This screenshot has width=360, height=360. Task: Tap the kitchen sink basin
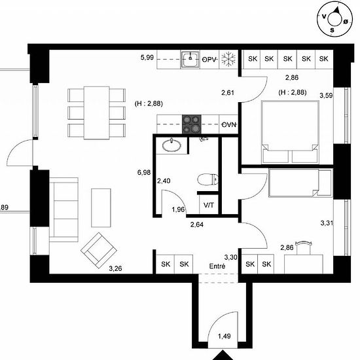(x=190, y=59)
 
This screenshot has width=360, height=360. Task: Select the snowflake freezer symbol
(x=228, y=58)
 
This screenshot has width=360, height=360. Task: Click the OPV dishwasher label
(x=209, y=60)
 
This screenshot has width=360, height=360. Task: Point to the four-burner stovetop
(x=192, y=124)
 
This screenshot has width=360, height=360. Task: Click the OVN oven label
(x=229, y=124)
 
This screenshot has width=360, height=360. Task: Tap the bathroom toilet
(x=207, y=179)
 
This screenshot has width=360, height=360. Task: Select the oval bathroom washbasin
(x=171, y=145)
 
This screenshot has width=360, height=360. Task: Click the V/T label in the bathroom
(x=209, y=205)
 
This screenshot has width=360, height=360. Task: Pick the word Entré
(x=217, y=266)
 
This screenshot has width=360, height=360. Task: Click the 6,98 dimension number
(x=144, y=172)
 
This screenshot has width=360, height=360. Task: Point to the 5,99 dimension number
(x=147, y=57)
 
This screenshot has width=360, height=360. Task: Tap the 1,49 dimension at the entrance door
(x=225, y=336)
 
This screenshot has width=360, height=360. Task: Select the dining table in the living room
(x=97, y=113)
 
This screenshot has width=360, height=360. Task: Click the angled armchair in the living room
(x=99, y=251)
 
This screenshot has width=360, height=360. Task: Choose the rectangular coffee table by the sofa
(x=101, y=207)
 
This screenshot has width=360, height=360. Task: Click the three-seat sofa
(x=63, y=209)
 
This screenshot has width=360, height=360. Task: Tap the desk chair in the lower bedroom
(x=304, y=247)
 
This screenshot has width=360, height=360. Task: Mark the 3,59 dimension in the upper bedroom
(x=326, y=96)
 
